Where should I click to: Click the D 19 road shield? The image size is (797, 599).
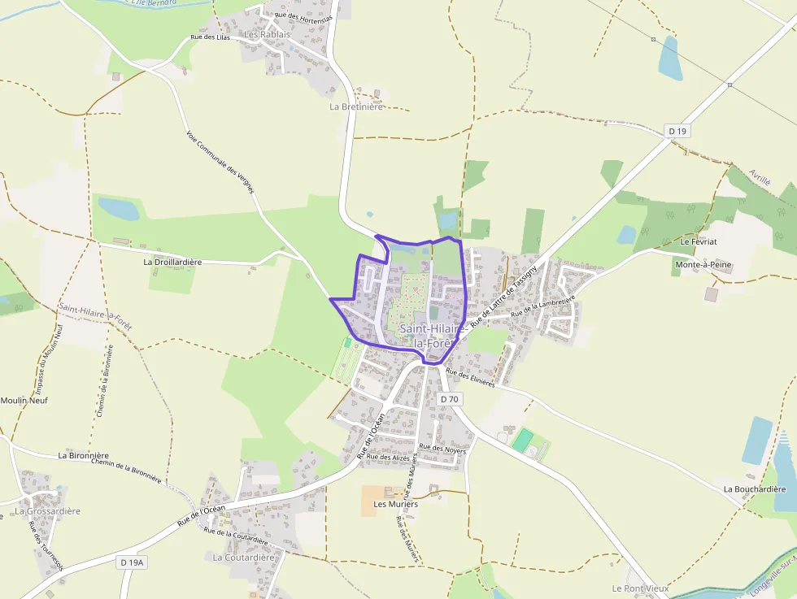click(677, 131)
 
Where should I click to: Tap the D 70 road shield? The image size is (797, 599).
click(450, 399)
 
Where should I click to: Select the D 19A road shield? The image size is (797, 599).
click(131, 562)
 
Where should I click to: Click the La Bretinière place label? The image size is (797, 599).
click(356, 106)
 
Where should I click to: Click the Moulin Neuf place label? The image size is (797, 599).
click(24, 401)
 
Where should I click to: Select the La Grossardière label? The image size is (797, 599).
click(48, 511)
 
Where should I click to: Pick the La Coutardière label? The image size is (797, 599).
click(244, 558)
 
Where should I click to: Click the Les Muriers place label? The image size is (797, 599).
click(395, 504)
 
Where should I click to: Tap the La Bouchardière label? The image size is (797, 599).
click(755, 489)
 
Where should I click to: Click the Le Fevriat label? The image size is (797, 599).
click(697, 242)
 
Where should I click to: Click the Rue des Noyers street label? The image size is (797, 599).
click(442, 448)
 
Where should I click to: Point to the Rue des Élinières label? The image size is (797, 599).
click(471, 379)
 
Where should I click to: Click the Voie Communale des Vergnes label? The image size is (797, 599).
click(220, 163)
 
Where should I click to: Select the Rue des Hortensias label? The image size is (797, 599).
click(303, 16)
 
